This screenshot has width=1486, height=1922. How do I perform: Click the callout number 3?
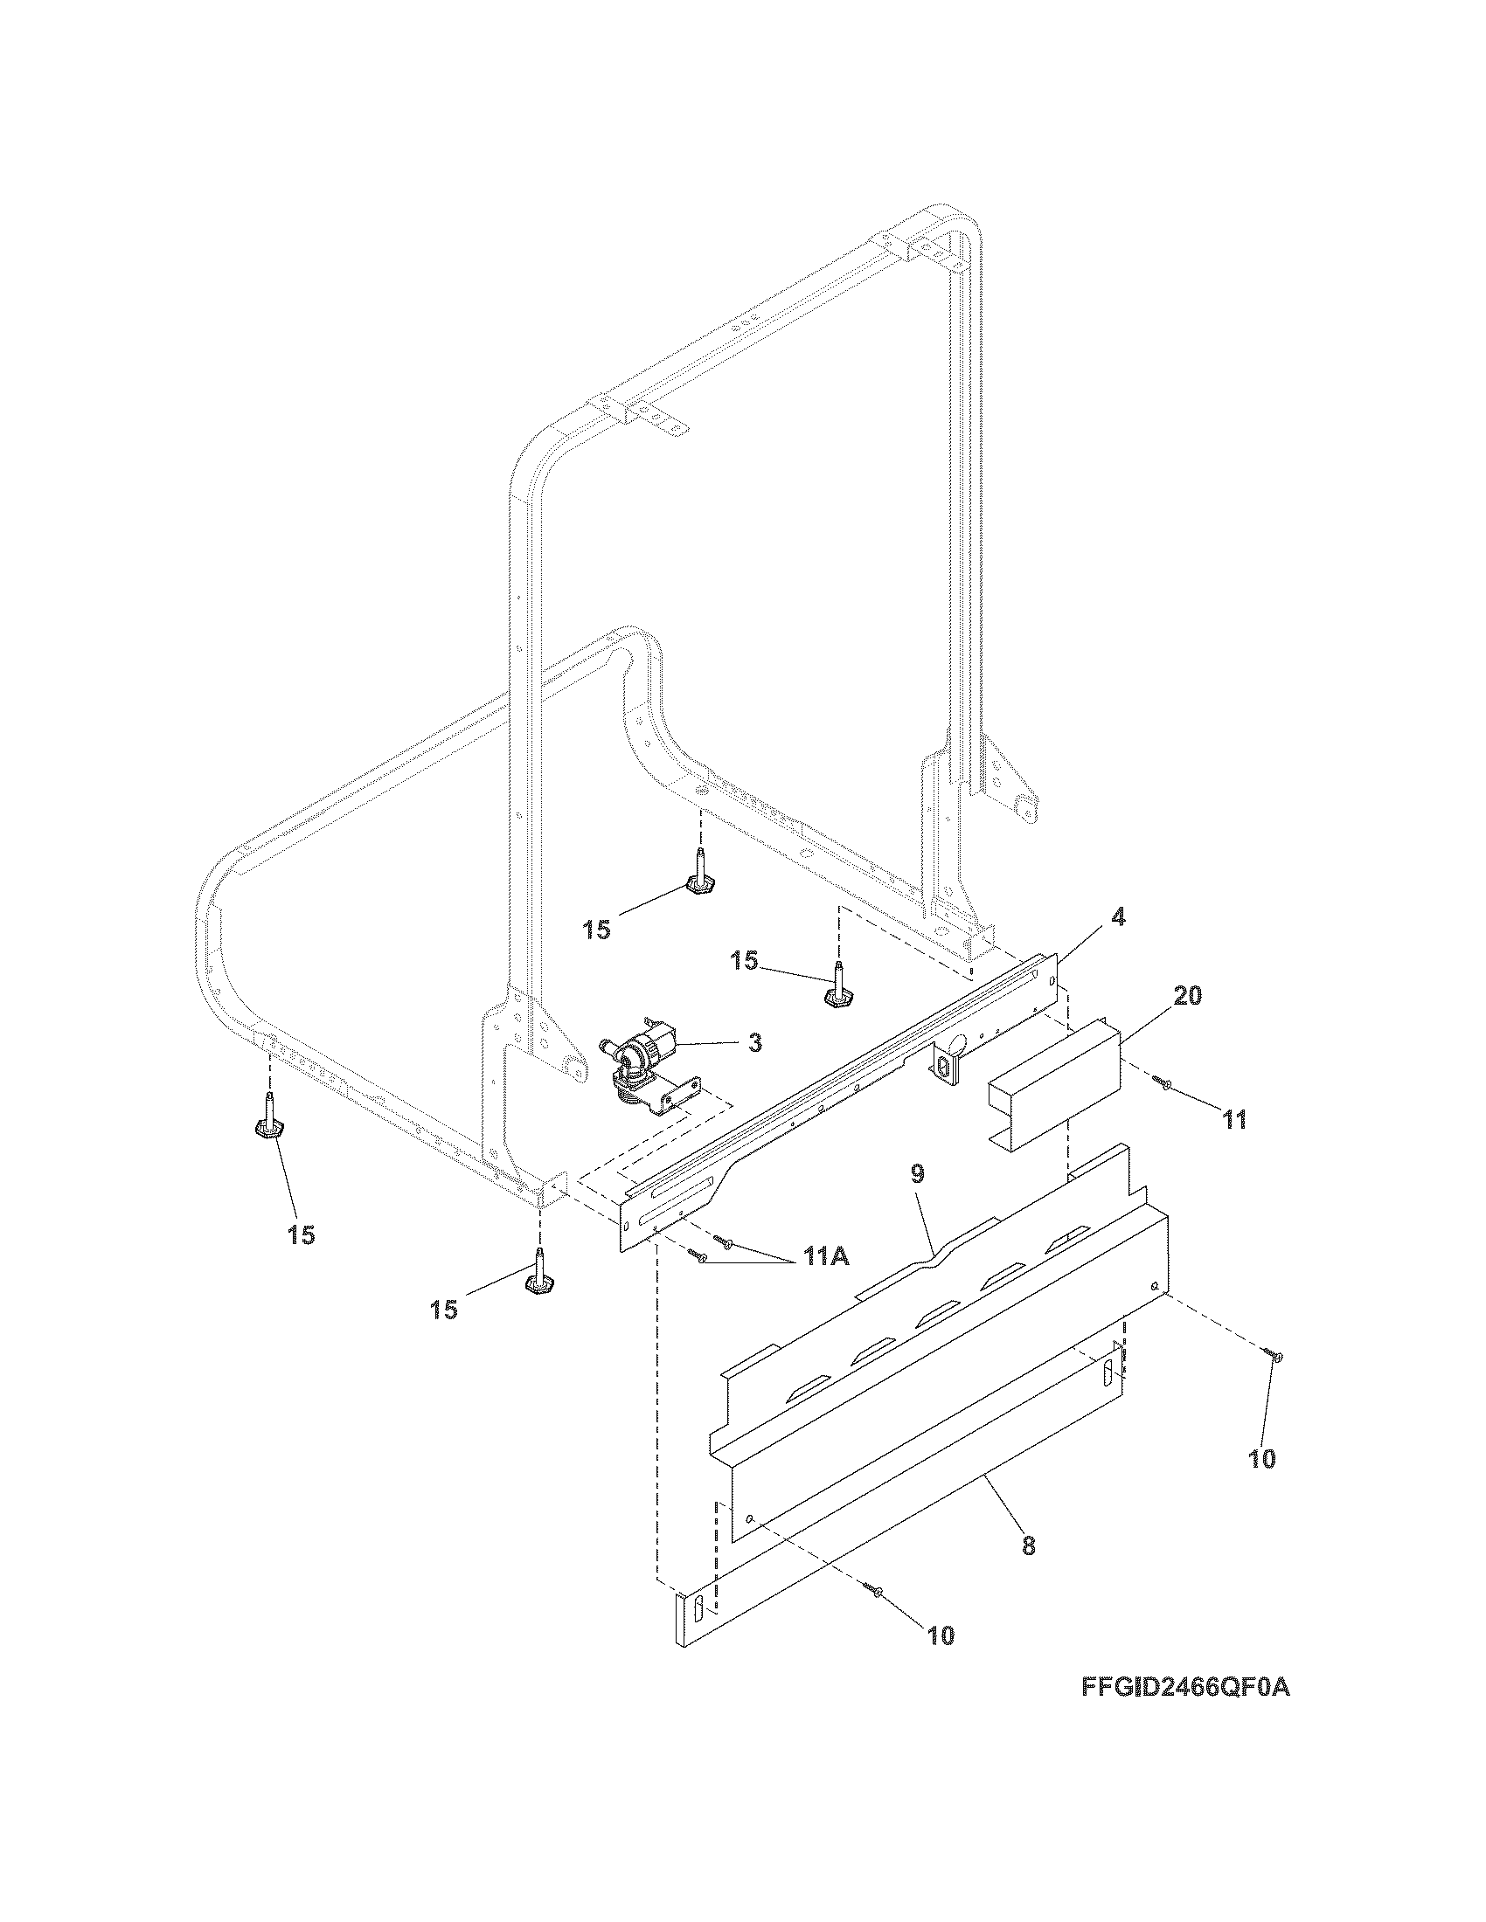click(x=754, y=1043)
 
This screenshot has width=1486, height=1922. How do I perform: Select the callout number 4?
click(x=1117, y=917)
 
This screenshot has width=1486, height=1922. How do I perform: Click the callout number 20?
click(x=1188, y=996)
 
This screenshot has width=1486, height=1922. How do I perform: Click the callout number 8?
click(x=1029, y=1545)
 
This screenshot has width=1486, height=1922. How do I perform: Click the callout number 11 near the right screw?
click(x=1233, y=1119)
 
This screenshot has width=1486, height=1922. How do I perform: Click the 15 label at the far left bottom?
click(x=301, y=1234)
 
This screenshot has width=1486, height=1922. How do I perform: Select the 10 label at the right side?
click(x=1261, y=1458)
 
